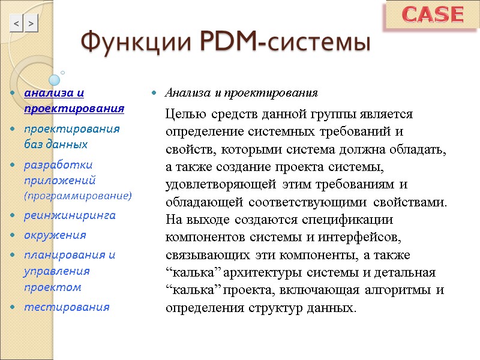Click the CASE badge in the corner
[431, 15]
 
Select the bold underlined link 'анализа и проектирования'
[74, 101]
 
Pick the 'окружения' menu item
[55, 235]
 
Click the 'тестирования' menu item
[66, 307]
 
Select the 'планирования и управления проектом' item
[68, 271]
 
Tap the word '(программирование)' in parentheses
[77, 196]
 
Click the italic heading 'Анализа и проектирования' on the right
[241, 93]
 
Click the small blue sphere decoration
[54, 79]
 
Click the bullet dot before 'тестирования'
[12, 308]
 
